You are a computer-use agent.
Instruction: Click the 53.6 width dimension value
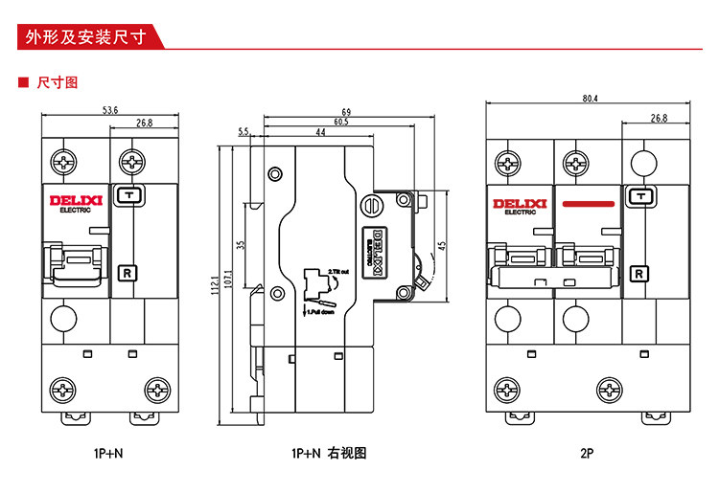point(110,111)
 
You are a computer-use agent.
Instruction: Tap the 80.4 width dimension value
point(590,99)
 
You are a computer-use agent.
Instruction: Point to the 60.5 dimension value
point(340,122)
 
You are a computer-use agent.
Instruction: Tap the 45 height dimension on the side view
point(442,243)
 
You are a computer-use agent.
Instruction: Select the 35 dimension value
point(242,245)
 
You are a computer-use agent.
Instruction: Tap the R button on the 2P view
point(638,275)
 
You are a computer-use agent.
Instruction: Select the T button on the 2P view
point(638,196)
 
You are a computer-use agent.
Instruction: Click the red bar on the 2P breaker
point(588,204)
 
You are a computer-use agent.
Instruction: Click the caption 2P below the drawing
point(588,454)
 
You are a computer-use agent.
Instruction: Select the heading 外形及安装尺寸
point(85,38)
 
